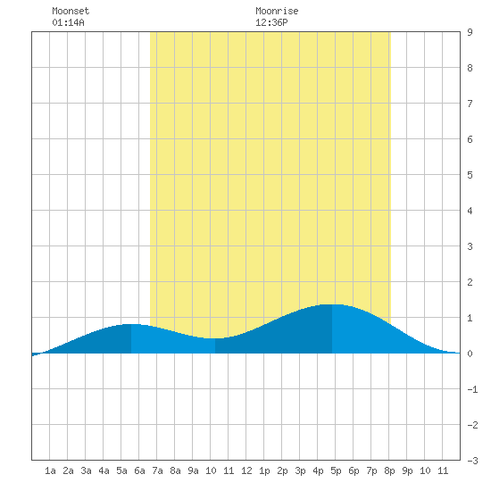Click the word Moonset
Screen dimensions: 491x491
(71, 11)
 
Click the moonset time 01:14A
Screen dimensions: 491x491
(68, 22)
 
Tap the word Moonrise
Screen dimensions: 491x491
(277, 11)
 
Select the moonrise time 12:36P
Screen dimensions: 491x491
(271, 22)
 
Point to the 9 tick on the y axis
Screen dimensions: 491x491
(470, 32)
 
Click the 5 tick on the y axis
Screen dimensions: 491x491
(470, 175)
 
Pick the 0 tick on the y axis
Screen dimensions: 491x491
(470, 354)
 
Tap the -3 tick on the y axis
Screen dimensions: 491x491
(472, 461)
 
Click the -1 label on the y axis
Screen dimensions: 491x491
(472, 389)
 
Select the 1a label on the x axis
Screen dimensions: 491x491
(50, 470)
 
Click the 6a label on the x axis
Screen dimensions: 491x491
(139, 470)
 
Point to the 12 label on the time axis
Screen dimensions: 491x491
(246, 470)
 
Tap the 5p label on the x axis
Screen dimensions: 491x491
(336, 470)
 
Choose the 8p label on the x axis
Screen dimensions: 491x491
(389, 470)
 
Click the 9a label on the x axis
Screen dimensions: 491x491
(193, 470)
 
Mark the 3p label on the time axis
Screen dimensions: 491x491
(300, 470)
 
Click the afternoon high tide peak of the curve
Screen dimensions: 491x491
(332, 304)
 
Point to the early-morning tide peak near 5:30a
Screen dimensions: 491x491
(131, 324)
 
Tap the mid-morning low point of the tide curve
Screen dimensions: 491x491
(215, 338)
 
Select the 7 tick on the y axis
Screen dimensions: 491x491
(470, 104)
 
